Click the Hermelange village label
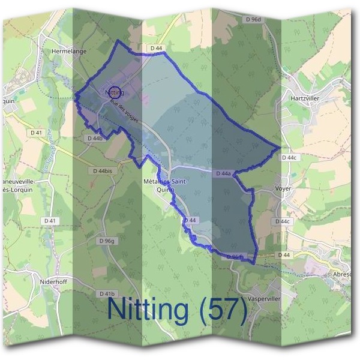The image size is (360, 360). coord(70,52)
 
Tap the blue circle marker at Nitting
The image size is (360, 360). coord(116,92)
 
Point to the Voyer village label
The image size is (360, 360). coord(283,187)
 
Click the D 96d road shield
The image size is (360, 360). coord(254,20)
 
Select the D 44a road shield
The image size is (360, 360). coord(223,173)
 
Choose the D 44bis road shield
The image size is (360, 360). coord(103,171)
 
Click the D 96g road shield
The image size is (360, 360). coord(106,241)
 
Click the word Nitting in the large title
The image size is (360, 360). coord(147,310)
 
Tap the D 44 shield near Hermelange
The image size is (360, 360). coord(157,48)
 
